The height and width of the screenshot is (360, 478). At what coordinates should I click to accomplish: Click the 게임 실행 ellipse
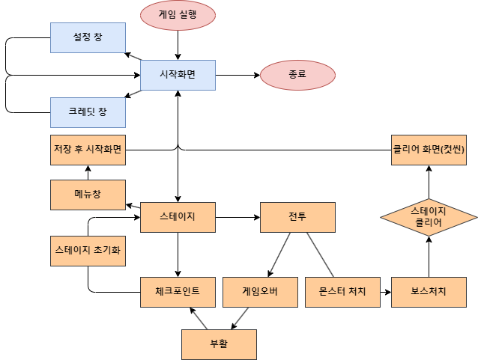(x=178, y=15)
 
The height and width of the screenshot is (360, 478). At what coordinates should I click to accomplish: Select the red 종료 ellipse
(x=297, y=75)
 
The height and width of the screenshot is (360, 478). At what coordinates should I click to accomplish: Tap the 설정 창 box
(x=88, y=37)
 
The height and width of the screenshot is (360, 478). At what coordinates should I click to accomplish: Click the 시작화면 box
(x=178, y=75)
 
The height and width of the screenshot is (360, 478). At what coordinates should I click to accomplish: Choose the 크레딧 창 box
(x=88, y=112)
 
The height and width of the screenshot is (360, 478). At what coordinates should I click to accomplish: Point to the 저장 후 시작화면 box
(x=88, y=150)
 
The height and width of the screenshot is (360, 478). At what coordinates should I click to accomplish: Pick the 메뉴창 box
(x=88, y=195)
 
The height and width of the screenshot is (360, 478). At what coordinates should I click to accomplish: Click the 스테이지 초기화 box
(x=88, y=251)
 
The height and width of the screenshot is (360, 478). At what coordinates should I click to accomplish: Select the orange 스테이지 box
(x=178, y=217)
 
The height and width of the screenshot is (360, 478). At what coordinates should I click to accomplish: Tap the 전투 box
(x=297, y=217)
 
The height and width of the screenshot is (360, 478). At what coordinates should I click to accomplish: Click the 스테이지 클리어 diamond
(x=429, y=217)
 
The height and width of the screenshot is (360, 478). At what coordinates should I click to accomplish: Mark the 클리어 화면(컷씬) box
(x=429, y=150)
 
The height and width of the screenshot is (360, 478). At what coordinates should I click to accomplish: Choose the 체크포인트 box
(x=178, y=292)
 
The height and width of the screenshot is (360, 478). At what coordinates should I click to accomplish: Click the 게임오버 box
(x=260, y=292)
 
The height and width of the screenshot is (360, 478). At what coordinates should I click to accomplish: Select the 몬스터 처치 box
(x=342, y=292)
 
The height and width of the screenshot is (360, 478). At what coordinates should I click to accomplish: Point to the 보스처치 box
(x=429, y=292)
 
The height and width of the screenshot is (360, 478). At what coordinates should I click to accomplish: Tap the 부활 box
(x=219, y=344)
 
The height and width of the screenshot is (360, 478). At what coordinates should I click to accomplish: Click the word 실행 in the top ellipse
(x=187, y=15)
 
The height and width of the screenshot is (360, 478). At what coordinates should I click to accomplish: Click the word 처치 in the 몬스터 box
(x=356, y=292)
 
